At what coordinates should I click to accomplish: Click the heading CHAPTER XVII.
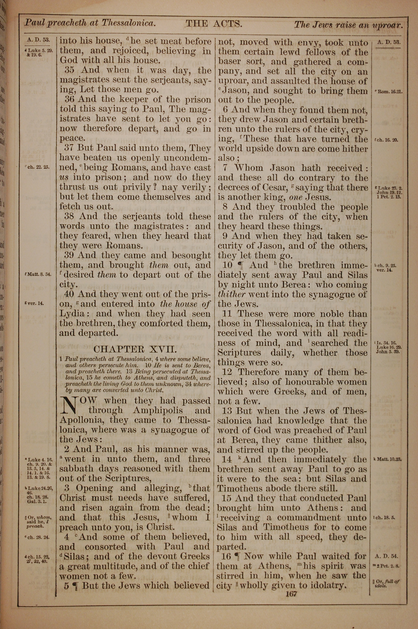pos(135,349)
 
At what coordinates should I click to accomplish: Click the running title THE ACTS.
pos(214,24)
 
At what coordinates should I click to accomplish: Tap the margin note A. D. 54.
pos(386,556)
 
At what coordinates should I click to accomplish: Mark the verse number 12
pos(227,372)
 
